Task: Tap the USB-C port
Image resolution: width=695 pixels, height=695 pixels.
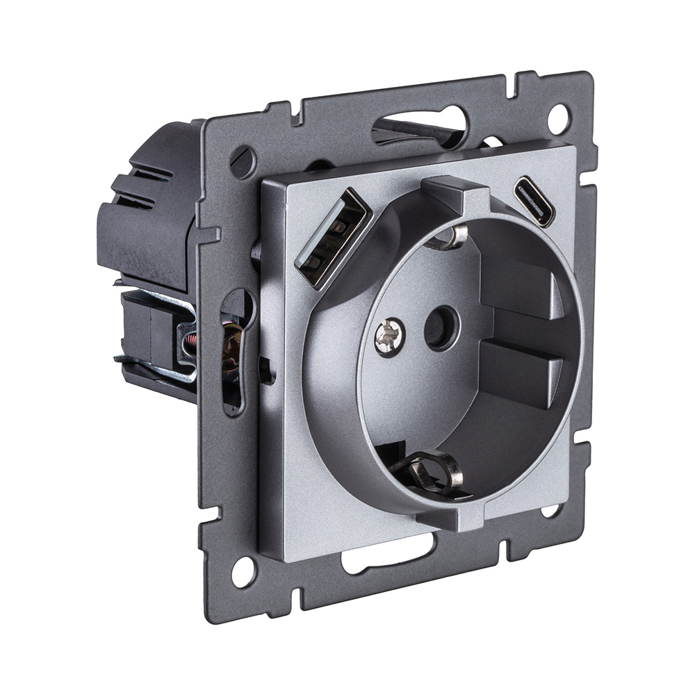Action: tap(534, 202)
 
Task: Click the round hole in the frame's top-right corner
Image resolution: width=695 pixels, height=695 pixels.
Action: tap(558, 119)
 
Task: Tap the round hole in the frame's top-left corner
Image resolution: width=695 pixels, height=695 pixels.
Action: tap(243, 162)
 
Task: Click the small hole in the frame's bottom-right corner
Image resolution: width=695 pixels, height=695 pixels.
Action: tap(549, 511)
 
